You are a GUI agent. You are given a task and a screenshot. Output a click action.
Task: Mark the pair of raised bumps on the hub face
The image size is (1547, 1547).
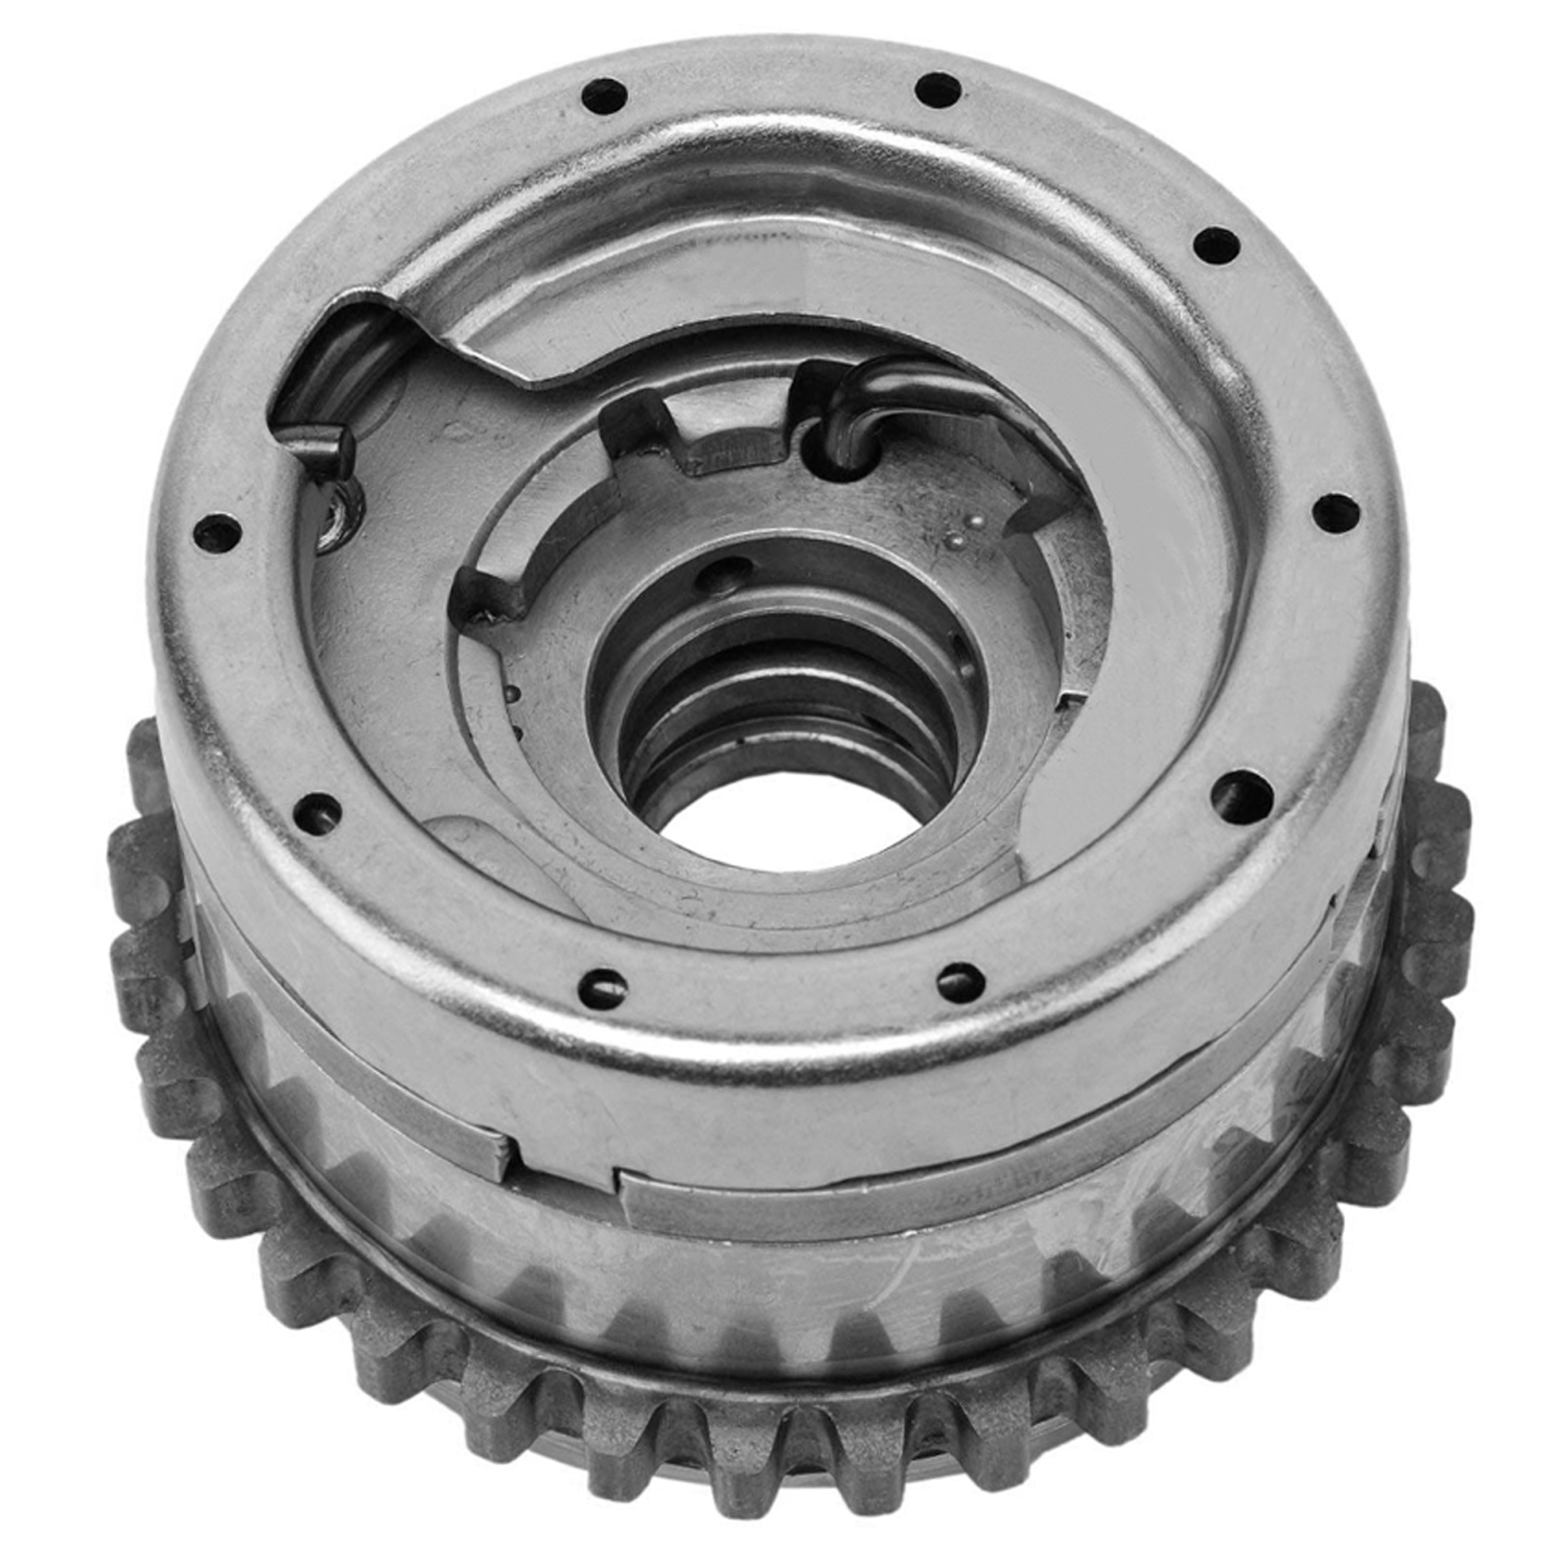[965, 532]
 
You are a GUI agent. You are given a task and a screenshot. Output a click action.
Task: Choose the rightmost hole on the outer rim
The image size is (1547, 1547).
[1337, 513]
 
